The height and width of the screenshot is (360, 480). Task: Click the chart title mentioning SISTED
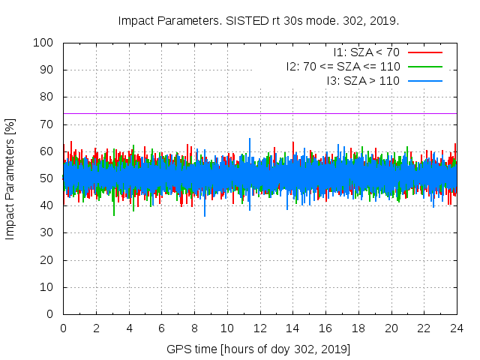coord(258,20)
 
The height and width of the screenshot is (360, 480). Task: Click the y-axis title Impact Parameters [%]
coord(10,178)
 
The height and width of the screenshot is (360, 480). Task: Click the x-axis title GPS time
coord(258,349)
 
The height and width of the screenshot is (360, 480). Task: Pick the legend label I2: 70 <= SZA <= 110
coord(343,66)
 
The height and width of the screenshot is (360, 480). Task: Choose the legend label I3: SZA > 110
coord(363,80)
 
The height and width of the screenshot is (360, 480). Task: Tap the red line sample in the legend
coord(425,52)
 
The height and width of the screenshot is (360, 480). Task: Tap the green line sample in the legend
coord(425,66)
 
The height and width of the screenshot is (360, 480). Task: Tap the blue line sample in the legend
coord(425,80)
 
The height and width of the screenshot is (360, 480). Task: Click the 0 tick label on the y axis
coord(52,314)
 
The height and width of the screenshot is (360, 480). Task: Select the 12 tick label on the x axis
coord(259,328)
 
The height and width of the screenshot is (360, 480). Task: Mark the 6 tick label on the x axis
coord(161,328)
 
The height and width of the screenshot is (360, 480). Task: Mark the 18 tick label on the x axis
coord(358,328)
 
